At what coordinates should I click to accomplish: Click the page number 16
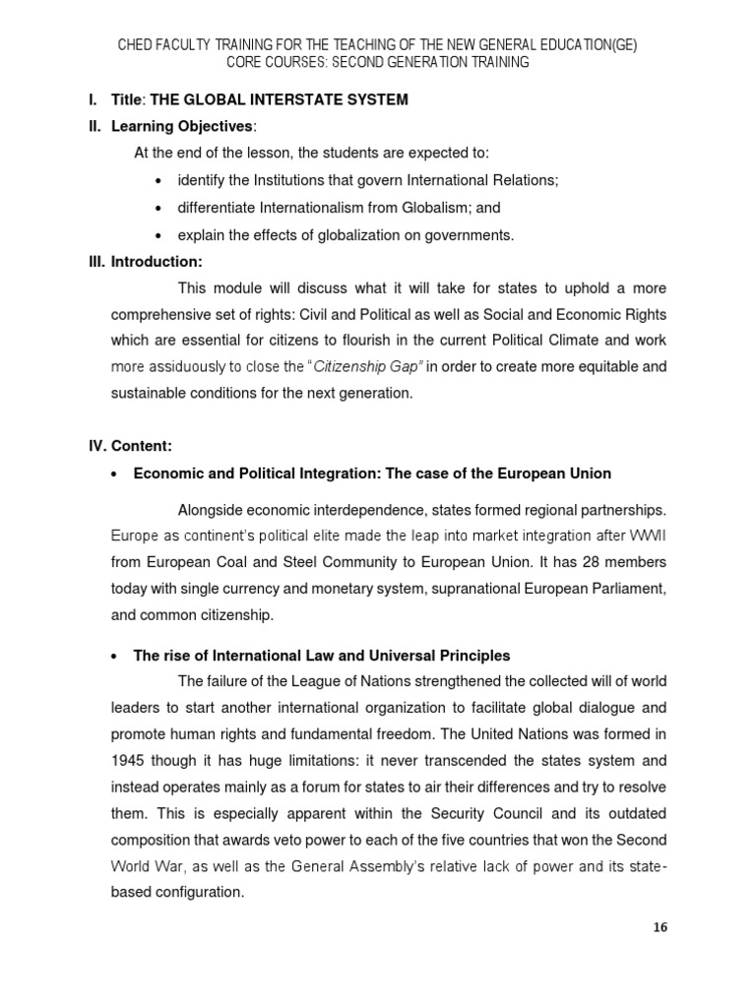point(660,927)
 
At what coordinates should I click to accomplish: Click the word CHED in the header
point(138,45)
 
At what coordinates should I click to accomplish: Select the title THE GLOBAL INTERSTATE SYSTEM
point(279,99)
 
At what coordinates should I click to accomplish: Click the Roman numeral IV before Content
point(97,446)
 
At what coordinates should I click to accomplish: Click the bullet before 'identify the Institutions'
point(158,181)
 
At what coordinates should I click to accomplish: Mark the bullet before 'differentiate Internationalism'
point(158,208)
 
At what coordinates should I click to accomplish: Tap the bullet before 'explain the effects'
point(158,234)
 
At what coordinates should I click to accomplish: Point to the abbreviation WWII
point(645,535)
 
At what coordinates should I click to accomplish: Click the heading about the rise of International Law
point(322,655)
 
